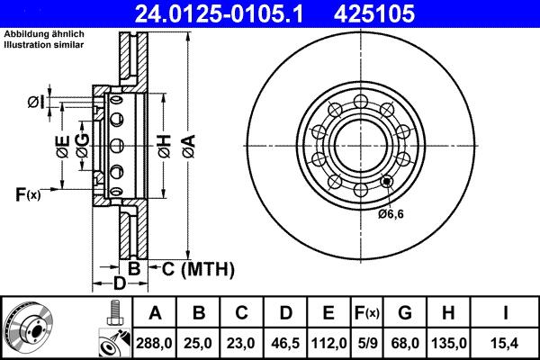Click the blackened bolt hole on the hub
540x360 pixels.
point(387,182)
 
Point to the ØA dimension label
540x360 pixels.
point(187,143)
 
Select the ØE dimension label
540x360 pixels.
point(62,148)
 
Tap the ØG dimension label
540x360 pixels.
point(82,148)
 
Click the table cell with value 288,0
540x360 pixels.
point(155,342)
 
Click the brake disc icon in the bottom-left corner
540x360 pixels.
point(27,328)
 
